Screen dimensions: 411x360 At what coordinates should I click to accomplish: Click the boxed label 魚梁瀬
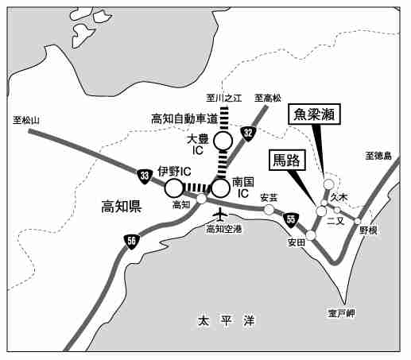tap(314, 114)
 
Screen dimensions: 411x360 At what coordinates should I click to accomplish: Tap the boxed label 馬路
tap(287, 160)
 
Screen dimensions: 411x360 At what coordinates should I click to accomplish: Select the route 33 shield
tap(145, 176)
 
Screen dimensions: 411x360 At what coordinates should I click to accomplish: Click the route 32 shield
tap(248, 134)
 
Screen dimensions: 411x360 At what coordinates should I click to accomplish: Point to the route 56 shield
tap(131, 242)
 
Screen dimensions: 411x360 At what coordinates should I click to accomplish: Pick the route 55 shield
tap(291, 219)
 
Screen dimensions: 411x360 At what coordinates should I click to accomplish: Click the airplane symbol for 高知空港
tap(219, 215)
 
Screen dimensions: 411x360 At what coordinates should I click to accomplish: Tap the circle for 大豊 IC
tap(223, 141)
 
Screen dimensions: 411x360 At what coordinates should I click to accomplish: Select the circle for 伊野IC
tap(174, 188)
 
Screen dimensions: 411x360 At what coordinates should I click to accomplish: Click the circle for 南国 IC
tap(220, 188)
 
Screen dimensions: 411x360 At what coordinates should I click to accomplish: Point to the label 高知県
tap(122, 207)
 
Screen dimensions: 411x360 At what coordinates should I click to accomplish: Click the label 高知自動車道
tap(184, 119)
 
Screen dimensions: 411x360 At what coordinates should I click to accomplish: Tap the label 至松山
tap(26, 121)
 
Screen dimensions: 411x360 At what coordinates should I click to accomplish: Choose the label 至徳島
tap(378, 156)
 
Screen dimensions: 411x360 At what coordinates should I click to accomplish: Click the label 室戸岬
tap(341, 314)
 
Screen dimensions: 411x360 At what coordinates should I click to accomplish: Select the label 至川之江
tap(224, 99)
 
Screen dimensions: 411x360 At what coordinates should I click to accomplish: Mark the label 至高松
tap(268, 99)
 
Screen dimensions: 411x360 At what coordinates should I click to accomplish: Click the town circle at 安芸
tap(269, 210)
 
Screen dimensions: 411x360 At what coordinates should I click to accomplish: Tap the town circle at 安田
tap(311, 235)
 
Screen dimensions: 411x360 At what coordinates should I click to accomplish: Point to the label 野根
tap(368, 230)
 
